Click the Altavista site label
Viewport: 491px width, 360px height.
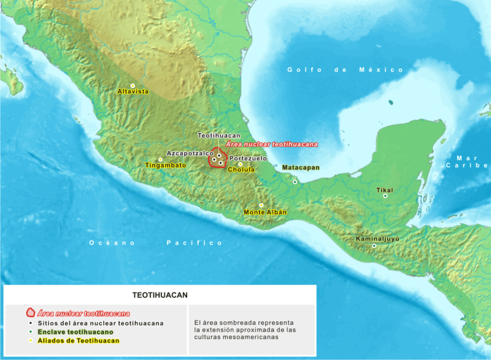click(133, 91)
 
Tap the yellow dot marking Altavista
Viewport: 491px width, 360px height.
click(132, 85)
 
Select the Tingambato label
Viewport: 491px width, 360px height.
click(165, 166)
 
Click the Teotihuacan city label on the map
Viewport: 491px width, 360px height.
click(218, 135)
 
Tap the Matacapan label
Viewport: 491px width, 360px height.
click(300, 167)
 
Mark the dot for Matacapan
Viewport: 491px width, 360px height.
click(295, 182)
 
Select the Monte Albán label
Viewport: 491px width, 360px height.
click(265, 212)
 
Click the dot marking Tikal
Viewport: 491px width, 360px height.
click(385, 196)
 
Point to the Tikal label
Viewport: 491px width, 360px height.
click(385, 190)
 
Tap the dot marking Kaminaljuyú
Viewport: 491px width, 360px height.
click(374, 246)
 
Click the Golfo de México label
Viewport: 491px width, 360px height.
click(346, 70)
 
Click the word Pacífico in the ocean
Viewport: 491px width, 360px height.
click(195, 243)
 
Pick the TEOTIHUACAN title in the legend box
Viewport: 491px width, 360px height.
click(160, 294)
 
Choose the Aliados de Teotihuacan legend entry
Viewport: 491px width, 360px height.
click(78, 340)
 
